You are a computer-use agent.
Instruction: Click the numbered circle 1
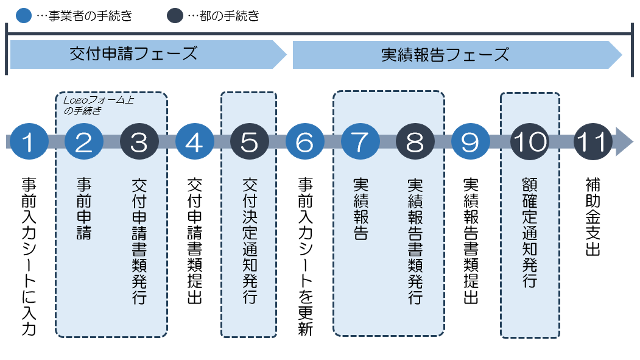pos(28,142)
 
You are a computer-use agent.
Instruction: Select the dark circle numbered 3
pos(139,142)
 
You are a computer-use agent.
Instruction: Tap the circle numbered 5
pos(249,142)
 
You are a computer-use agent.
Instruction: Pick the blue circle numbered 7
pos(360,142)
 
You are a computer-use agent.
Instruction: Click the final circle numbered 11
pos(593,142)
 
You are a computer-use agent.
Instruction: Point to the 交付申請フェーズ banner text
pos(133,54)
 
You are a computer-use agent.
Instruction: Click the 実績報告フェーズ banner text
pos(445,54)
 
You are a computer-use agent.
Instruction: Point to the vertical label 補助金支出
pos(593,216)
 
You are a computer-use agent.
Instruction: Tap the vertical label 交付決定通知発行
pos(249,240)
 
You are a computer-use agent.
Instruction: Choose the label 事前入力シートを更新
pos(304,256)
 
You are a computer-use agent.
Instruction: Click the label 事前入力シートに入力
pos(28,256)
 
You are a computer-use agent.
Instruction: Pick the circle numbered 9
pos(470,142)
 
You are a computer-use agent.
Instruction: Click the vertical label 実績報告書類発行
pos(415,240)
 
